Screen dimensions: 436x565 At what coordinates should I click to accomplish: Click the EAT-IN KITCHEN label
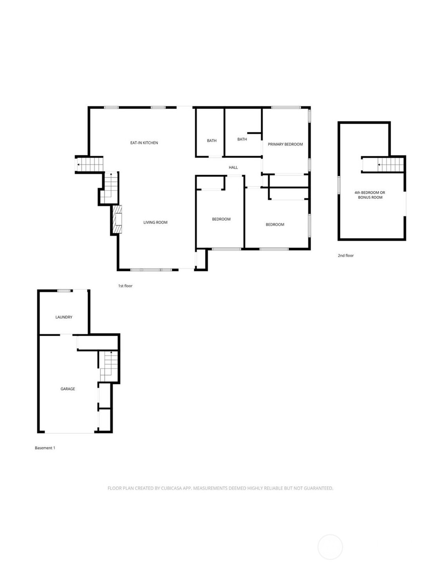coord(144,143)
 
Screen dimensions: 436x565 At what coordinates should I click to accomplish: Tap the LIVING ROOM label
coord(155,222)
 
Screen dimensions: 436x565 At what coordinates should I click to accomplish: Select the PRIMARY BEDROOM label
coord(285,144)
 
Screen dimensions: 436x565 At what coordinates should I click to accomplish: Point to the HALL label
coord(233,167)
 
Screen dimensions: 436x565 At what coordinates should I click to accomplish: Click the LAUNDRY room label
coord(64,317)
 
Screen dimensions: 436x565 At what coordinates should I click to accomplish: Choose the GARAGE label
coord(68,389)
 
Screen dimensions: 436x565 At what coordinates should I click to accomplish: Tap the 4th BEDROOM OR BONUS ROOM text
coord(370,195)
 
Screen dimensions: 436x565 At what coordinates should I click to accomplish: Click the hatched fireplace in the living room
coord(117,219)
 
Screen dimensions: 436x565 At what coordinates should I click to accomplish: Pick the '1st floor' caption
coord(125,286)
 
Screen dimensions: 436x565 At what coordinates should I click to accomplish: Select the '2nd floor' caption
coord(346,256)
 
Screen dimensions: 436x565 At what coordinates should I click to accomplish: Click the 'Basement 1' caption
coord(45,448)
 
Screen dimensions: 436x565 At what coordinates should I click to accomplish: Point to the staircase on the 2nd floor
coord(383,165)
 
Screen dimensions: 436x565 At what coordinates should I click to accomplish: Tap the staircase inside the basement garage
coord(109,366)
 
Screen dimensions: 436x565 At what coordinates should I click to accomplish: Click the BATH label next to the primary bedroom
coord(242,139)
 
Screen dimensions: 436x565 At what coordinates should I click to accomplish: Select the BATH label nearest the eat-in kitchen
coord(212,141)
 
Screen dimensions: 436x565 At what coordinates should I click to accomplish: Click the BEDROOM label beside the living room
coord(221,219)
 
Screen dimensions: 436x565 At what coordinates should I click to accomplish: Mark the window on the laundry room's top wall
coord(64,291)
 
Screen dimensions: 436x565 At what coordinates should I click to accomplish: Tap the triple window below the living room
coord(151,270)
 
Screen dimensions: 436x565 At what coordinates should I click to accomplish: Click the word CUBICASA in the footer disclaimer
coord(171,488)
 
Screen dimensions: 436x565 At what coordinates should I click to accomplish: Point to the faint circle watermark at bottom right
coord(330,547)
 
